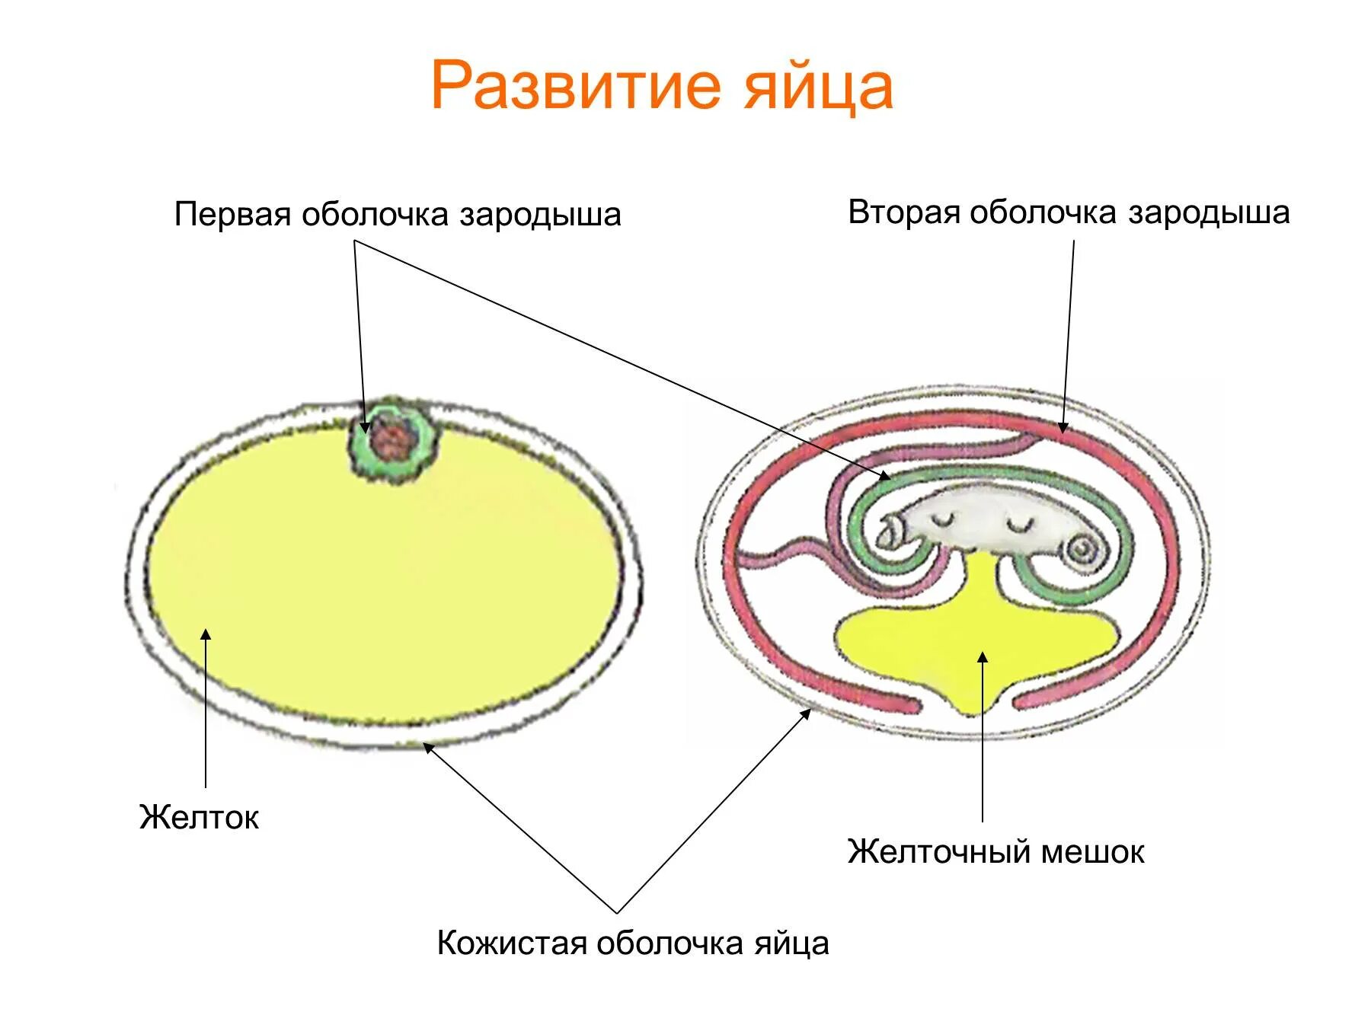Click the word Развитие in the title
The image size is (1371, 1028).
(x=575, y=85)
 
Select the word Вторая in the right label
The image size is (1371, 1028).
(x=903, y=212)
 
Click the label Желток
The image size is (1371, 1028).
(x=199, y=817)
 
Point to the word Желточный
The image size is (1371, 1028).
(x=938, y=851)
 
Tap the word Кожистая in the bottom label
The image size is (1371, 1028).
(x=511, y=943)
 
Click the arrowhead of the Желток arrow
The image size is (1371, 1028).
(x=206, y=636)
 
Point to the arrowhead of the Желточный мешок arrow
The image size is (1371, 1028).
(x=983, y=656)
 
